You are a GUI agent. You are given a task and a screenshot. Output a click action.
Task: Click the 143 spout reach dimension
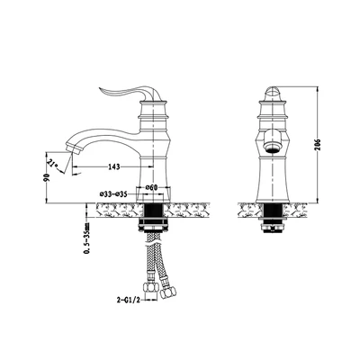click(x=114, y=166)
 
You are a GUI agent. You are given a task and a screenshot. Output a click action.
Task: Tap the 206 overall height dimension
click(x=318, y=145)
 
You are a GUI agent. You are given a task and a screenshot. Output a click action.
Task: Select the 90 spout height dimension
click(x=47, y=177)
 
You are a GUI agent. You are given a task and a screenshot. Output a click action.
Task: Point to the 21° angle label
click(x=53, y=164)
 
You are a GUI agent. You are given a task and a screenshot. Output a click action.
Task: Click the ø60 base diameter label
click(x=151, y=188)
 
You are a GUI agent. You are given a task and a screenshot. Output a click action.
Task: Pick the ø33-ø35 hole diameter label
click(x=113, y=194)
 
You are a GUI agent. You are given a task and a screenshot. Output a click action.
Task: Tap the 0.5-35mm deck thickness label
click(x=86, y=238)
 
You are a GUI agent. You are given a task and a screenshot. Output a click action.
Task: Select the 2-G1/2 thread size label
click(x=129, y=299)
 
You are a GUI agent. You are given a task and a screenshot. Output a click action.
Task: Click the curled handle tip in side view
click(x=101, y=89)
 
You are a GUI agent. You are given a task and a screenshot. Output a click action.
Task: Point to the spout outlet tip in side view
click(x=72, y=149)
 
